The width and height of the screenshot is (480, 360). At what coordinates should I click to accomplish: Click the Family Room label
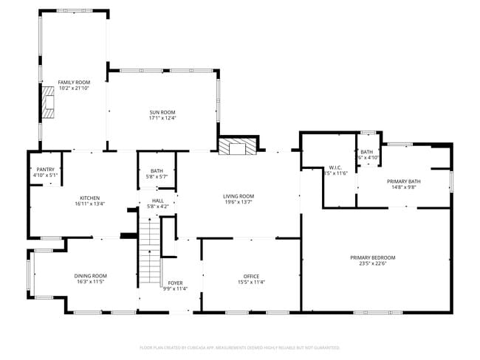73,82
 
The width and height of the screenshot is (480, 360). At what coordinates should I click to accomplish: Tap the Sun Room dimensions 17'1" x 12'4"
162,117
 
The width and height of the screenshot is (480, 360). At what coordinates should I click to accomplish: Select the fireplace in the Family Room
49,103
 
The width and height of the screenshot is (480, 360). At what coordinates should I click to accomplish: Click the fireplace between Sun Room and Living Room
237,147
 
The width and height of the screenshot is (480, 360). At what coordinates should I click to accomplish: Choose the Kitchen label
90,198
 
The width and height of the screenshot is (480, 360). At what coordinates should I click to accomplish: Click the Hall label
158,201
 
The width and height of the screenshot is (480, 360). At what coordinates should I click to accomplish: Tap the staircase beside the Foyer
151,255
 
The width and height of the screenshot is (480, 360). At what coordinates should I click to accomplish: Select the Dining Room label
90,276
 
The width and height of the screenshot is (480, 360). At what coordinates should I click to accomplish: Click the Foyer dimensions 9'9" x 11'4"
175,288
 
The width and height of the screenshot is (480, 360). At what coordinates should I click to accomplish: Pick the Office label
251,276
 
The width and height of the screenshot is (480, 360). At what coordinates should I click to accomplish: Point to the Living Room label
239,196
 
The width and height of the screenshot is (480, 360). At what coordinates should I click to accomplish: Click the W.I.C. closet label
335,167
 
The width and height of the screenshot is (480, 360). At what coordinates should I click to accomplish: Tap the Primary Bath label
403,181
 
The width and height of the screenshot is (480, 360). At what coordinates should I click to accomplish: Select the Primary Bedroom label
372,257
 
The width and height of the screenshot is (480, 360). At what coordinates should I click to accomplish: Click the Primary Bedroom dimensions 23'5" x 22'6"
372,263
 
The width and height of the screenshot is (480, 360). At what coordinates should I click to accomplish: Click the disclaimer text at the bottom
239,347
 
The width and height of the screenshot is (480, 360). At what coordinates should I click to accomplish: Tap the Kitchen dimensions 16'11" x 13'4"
90,204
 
